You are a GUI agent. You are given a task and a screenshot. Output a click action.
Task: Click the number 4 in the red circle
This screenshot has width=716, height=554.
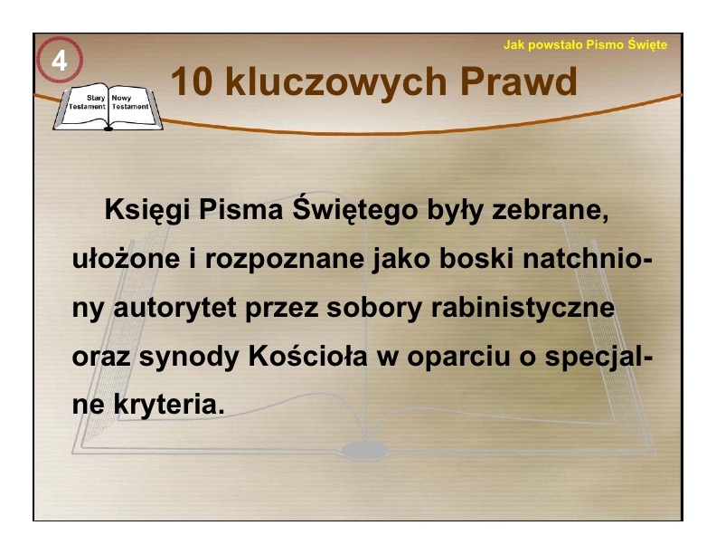[x=60, y=61]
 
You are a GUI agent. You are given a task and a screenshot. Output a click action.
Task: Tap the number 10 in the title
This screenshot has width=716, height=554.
[x=192, y=81]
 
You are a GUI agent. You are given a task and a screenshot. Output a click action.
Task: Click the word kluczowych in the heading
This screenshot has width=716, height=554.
[x=335, y=82]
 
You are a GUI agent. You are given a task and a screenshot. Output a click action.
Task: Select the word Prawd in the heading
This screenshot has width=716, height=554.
[x=518, y=81]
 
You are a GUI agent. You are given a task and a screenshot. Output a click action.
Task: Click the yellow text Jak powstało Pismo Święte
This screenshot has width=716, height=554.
[x=585, y=44]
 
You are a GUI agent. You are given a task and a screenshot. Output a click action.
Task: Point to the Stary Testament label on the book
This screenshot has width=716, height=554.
[x=87, y=102]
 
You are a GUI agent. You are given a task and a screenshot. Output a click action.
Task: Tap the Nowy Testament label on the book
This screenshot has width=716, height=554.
[x=130, y=102]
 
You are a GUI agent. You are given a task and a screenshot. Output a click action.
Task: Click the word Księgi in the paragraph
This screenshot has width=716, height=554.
[x=147, y=211]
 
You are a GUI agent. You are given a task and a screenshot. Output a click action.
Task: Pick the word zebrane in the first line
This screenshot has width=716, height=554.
[x=550, y=210]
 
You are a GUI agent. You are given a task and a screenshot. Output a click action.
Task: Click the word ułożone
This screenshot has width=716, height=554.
[x=126, y=258]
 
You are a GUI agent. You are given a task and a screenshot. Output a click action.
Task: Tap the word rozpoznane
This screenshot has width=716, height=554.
[x=285, y=259]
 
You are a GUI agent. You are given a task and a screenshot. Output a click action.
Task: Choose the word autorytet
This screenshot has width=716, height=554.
[x=174, y=307]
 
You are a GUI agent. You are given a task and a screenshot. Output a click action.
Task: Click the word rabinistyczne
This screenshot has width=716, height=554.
[x=523, y=308]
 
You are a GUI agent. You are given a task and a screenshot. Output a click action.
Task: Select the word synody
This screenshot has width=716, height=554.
[x=189, y=357]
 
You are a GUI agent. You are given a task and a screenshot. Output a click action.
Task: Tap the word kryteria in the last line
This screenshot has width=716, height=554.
[x=169, y=405]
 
